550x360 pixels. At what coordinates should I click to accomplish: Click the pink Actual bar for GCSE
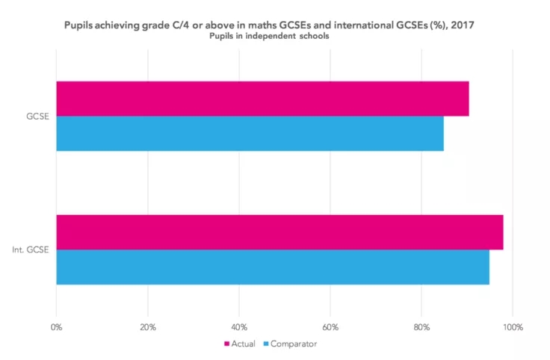262,99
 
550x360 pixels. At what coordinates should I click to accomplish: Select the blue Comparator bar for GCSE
250,133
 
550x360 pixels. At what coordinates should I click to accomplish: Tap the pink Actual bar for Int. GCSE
279,232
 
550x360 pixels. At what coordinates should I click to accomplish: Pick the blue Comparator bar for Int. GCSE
272,267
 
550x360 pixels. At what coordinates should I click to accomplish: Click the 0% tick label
56,326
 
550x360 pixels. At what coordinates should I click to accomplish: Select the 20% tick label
148,326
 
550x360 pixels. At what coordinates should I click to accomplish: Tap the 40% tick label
239,326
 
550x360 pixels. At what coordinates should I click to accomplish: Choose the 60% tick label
330,326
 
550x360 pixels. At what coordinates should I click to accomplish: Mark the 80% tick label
421,326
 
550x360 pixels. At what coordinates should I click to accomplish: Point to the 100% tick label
513,326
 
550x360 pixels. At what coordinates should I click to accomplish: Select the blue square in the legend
264,344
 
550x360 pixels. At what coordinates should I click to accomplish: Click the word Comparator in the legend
293,344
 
